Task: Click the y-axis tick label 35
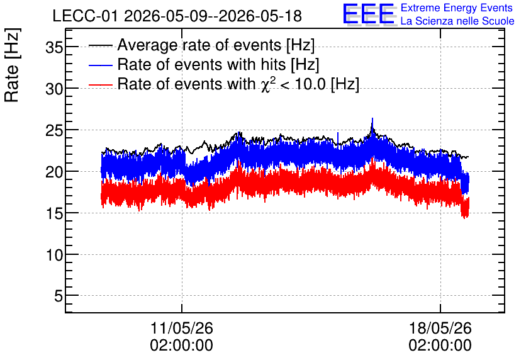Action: [54, 48]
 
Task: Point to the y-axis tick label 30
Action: [54, 89]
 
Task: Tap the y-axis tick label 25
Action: [54, 130]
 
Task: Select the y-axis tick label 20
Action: [54, 172]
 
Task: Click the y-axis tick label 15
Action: [54, 214]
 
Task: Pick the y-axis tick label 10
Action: [54, 256]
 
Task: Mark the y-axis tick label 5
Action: [59, 296]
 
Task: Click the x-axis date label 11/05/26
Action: [181, 328]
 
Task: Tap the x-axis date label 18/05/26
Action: [440, 328]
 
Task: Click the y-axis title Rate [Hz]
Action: [12, 65]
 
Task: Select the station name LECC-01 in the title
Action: [85, 16]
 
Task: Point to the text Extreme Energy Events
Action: [457, 8]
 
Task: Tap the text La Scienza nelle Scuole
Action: [457, 21]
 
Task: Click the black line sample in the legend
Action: [100, 45]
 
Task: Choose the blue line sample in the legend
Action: [100, 65]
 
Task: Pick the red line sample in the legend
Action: [100, 84]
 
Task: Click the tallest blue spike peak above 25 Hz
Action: [372, 118]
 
